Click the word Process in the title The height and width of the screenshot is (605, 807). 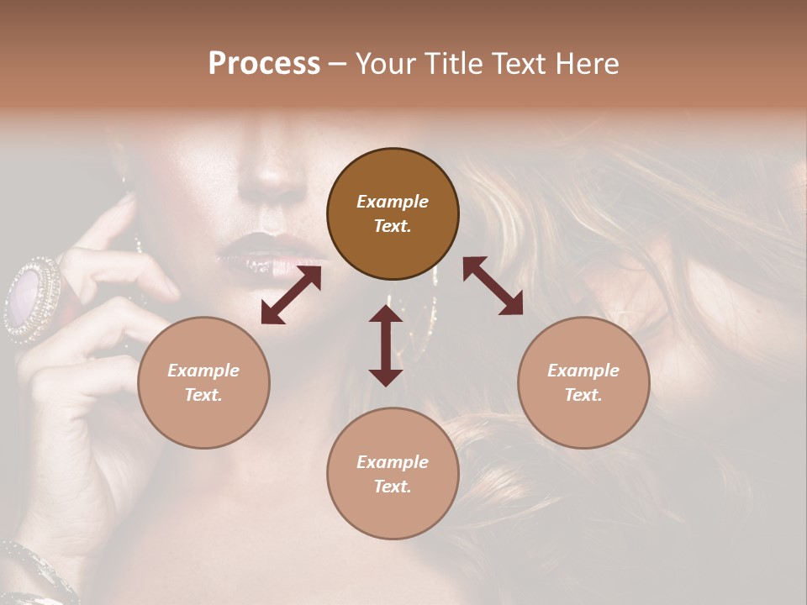tap(264, 64)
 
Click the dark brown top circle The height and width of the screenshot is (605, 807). tap(393, 213)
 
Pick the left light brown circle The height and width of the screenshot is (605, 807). tap(203, 382)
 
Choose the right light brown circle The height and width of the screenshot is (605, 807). tap(583, 382)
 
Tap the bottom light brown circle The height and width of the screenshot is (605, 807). tap(393, 473)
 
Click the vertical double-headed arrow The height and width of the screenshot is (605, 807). tap(386, 345)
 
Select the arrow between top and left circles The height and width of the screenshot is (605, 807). tap(291, 295)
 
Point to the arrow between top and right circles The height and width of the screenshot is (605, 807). tap(493, 286)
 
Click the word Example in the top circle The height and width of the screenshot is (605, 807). tap(393, 202)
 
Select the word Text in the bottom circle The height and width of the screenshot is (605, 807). tap(393, 487)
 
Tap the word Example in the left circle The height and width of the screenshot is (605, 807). tap(203, 371)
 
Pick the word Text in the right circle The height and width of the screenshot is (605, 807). tap(583, 395)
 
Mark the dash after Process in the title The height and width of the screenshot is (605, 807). tap(337, 64)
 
